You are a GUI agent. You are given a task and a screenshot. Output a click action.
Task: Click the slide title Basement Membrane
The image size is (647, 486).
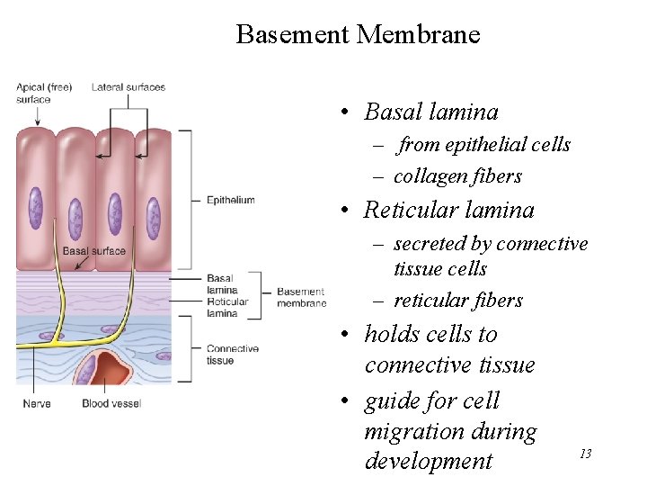(358, 35)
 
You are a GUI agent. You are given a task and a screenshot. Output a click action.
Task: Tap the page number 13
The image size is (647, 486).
(585, 454)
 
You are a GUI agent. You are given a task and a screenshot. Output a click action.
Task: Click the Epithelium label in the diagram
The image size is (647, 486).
(230, 200)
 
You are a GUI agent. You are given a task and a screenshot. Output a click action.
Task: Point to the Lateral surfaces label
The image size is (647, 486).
(129, 87)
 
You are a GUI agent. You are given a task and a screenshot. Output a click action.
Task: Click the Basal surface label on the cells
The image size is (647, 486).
(93, 251)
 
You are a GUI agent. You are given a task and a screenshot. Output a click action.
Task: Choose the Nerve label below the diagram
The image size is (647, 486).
(37, 403)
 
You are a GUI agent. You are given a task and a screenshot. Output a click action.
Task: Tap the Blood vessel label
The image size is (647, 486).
(111, 403)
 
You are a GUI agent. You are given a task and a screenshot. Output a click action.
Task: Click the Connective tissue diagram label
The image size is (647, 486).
(232, 355)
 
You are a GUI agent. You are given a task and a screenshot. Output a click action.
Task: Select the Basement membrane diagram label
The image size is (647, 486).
(301, 297)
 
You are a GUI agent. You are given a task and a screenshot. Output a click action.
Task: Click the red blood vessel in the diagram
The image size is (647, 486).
(112, 370)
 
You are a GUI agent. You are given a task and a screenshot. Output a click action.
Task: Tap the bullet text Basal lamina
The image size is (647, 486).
(430, 112)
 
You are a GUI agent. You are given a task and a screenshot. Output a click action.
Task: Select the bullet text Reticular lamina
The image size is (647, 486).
(448, 211)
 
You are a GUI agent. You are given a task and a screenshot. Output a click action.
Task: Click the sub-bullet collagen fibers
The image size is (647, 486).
(457, 176)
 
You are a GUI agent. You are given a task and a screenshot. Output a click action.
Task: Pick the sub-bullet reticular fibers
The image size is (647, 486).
(458, 301)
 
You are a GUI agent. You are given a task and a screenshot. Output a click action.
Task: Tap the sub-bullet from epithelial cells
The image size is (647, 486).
(484, 145)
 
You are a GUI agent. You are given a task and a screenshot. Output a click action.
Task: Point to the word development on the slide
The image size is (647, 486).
(428, 462)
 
